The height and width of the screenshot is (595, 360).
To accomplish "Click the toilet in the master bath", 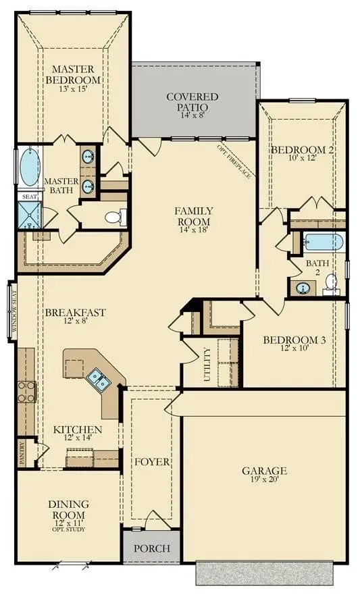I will click(115, 217).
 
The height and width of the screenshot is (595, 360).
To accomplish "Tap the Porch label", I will click(152, 548).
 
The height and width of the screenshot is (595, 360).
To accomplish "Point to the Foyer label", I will click(152, 462).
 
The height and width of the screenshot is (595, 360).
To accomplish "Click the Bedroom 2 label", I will click(302, 153).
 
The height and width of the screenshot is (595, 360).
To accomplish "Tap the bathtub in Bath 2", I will click(324, 242).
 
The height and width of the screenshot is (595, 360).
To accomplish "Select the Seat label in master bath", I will click(28, 197).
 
